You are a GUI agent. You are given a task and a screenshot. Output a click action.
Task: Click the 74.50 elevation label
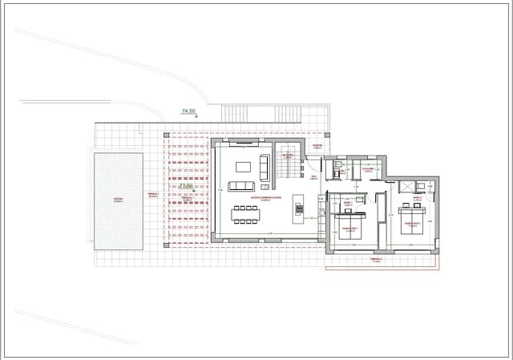coord(189,111)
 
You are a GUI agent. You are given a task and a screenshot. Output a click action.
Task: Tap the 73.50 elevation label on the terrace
coord(186,186)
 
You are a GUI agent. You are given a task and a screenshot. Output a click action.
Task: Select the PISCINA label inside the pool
coord(118,199)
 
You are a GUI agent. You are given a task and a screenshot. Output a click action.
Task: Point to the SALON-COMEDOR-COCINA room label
coord(265,197)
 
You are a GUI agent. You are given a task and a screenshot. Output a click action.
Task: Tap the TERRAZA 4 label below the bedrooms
coord(377,260)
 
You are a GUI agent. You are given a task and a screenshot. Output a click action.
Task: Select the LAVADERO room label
coord(368,169)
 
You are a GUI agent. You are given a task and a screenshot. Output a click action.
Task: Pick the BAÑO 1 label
coord(349,202)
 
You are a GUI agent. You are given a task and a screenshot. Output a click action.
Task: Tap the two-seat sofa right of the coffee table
coord(265,167)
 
